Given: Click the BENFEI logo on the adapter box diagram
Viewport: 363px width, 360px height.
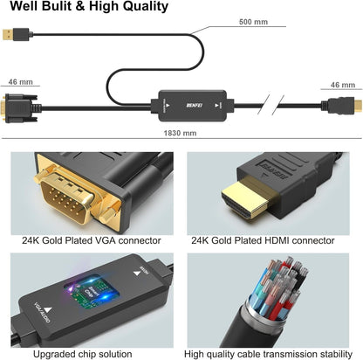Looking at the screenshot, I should pos(180,102).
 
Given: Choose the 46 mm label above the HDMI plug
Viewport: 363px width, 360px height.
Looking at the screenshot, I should pos(342,85).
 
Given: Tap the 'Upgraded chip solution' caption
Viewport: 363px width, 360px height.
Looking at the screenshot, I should pos(89,354).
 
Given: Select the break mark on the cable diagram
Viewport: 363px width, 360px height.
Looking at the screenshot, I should pos(280,106).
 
